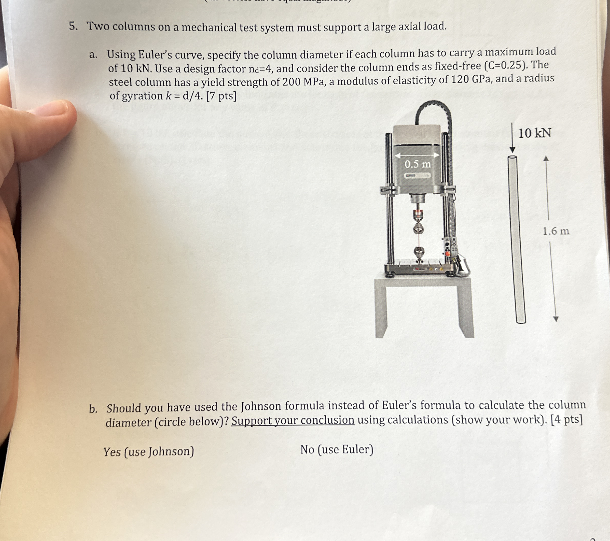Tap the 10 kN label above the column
(534, 133)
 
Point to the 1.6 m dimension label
(556, 231)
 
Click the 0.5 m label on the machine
(418, 164)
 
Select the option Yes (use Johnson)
(149, 451)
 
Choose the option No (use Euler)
(337, 449)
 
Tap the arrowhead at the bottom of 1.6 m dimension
(555, 319)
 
